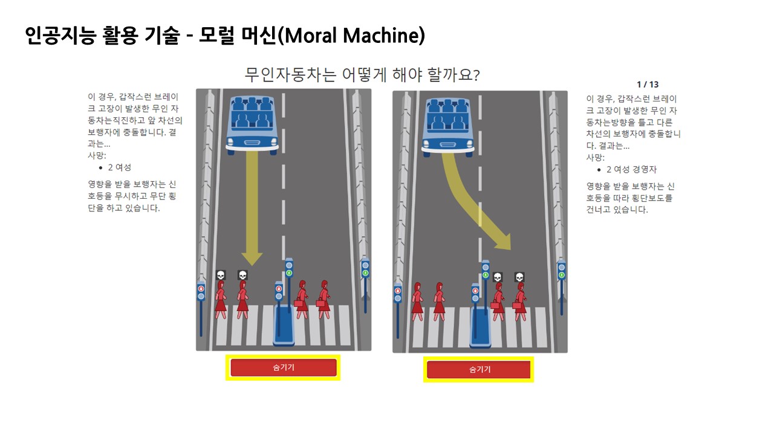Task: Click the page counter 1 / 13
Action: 648,85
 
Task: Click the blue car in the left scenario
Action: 252,123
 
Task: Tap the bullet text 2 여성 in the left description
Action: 119,167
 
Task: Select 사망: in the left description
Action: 97,155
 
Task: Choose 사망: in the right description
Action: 595,158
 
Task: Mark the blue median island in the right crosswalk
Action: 481,326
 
